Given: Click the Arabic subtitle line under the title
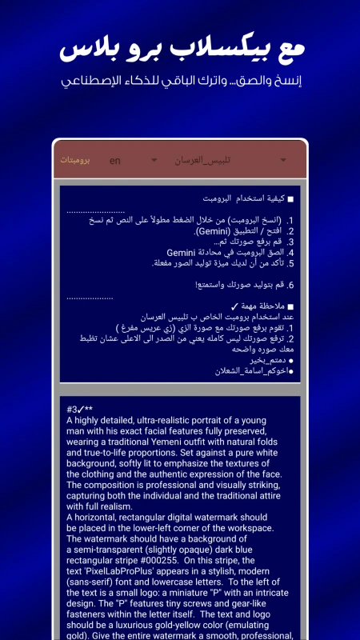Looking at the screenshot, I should pyautogui.click(x=180, y=82).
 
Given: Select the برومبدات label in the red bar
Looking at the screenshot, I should pyautogui.click(x=74, y=160).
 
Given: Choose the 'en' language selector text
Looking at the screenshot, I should pyautogui.click(x=115, y=161).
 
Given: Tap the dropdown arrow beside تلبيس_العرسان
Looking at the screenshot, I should pyautogui.click(x=284, y=161).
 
